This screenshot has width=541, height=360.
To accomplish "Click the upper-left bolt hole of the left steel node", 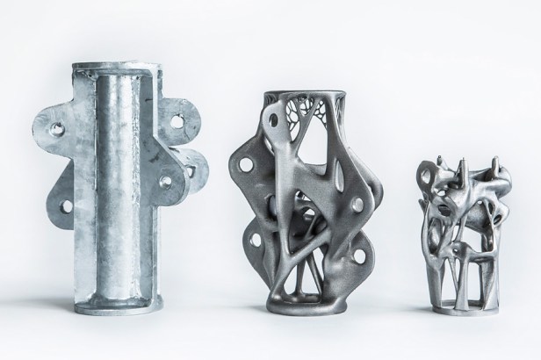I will (57, 130).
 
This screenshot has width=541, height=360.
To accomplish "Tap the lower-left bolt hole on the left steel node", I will (65, 207).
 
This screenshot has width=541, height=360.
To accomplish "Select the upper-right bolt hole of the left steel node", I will (185, 115).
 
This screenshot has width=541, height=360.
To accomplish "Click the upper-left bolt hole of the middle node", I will (245, 164).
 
